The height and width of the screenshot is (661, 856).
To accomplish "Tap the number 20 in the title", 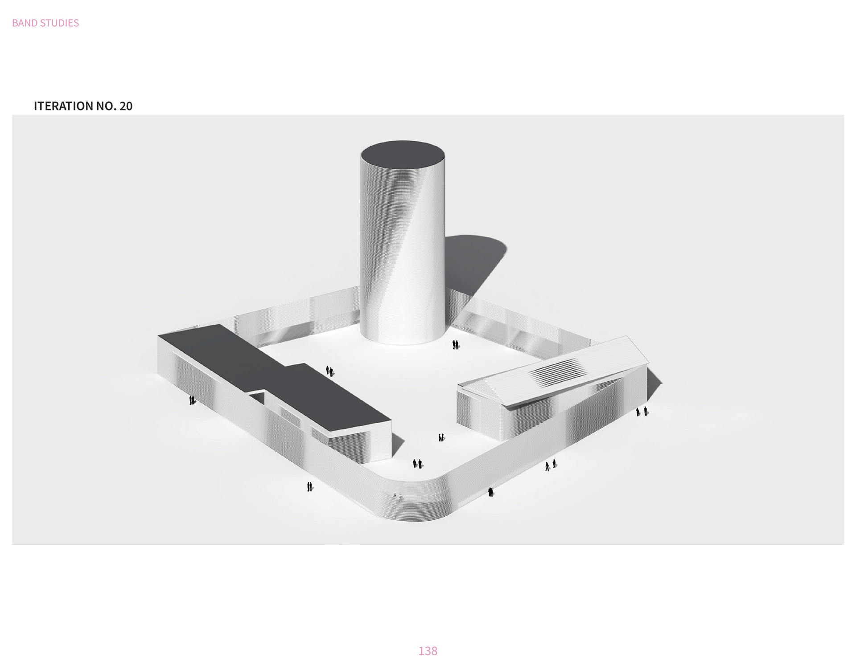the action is pyautogui.click(x=126, y=106).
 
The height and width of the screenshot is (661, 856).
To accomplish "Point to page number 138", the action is pyautogui.click(x=428, y=651).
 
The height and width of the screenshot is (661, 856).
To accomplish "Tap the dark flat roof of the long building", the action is pyautogui.click(x=272, y=379).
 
